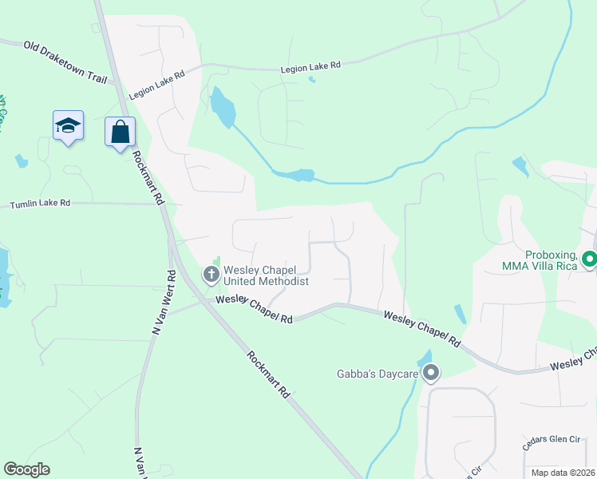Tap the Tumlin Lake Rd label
(40, 204)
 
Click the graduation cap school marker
(68, 125)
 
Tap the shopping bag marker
(120, 131)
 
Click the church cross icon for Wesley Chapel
(212, 275)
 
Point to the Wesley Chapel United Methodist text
(265, 275)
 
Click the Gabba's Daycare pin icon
(431, 373)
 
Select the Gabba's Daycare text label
(378, 373)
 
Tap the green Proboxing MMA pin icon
(589, 259)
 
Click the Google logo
(26, 469)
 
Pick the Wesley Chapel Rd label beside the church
(254, 308)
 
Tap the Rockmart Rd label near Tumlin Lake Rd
(148, 178)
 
